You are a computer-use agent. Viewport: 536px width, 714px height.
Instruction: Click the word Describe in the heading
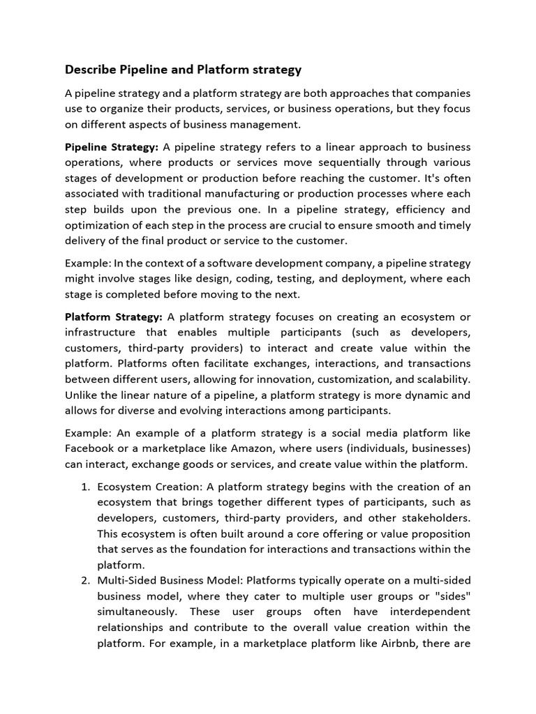(90, 69)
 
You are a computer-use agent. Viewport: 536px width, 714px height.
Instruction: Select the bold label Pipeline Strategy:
(112, 147)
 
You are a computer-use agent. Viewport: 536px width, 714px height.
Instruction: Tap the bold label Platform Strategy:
(114, 317)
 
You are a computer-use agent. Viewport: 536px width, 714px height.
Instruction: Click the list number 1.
(85, 487)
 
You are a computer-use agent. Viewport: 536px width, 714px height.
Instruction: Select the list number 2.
(85, 580)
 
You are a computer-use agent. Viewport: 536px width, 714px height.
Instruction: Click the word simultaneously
(135, 612)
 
